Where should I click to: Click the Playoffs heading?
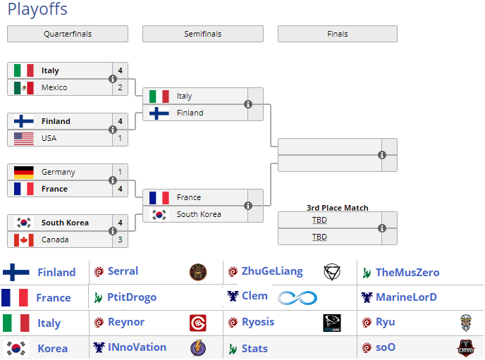[37, 10]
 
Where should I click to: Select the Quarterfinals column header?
[68, 34]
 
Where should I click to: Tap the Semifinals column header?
[203, 34]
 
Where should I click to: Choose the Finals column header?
[338, 34]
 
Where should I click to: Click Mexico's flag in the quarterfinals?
[24, 87]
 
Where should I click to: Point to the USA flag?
[24, 138]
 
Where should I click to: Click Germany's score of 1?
[121, 172]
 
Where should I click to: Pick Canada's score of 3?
[121, 240]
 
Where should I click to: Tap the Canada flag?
[24, 240]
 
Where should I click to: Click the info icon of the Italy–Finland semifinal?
[248, 104]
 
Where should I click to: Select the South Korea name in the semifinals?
[199, 214]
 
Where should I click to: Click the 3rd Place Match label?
[338, 208]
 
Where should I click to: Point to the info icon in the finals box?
[382, 155]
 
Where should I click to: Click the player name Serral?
[123, 271]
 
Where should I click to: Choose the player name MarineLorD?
[406, 297]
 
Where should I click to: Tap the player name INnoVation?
[137, 347]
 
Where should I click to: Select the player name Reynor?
[126, 322]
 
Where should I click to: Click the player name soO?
[386, 347]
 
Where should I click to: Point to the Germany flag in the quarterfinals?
[24, 172]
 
